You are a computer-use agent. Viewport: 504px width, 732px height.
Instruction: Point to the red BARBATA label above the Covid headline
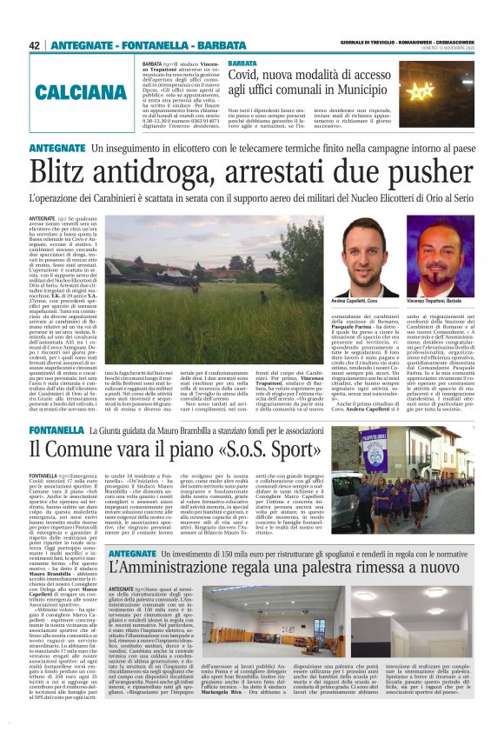242,64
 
